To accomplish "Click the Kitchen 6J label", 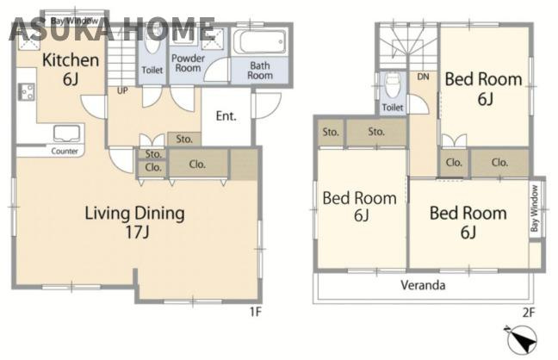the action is pyautogui.click(x=71, y=70).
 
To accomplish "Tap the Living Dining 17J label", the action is pyautogui.click(x=135, y=222).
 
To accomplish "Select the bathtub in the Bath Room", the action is pyautogui.click(x=259, y=42).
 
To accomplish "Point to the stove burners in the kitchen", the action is pyautogui.click(x=26, y=92).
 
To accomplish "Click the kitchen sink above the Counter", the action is pyautogui.click(x=66, y=133).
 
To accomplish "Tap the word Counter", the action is pyautogui.click(x=65, y=151).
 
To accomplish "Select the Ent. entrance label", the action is pyautogui.click(x=226, y=116).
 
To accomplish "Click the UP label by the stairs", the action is pyautogui.click(x=122, y=90).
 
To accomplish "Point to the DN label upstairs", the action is pyautogui.click(x=423, y=77).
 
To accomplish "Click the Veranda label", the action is pyautogui.click(x=423, y=285).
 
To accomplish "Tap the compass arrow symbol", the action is pyautogui.click(x=521, y=339).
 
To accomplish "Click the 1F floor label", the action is pyautogui.click(x=255, y=312).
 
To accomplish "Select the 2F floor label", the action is pyautogui.click(x=529, y=313).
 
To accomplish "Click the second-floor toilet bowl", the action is pyautogui.click(x=393, y=85).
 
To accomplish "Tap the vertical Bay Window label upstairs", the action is pyautogui.click(x=535, y=208).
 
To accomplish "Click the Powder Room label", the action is pyautogui.click(x=189, y=63).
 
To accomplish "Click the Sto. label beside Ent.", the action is pyautogui.click(x=184, y=140).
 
